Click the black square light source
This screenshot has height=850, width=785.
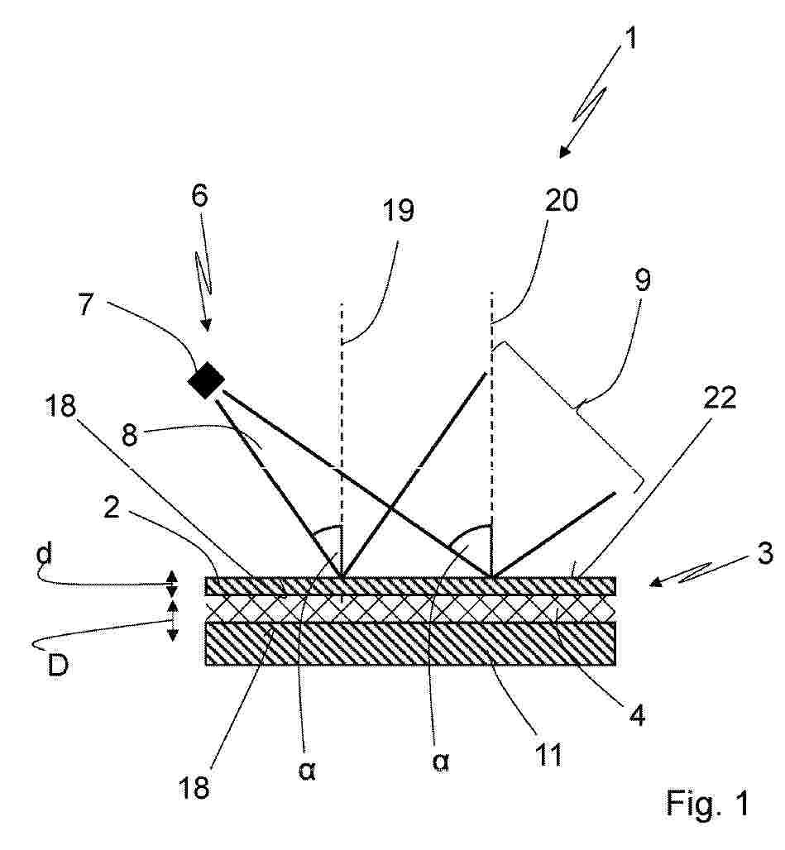205,380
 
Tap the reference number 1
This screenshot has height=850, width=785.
629,38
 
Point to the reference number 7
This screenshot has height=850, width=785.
87,304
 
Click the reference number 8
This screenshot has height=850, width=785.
130,435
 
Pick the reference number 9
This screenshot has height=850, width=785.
642,279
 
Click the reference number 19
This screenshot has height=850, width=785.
399,210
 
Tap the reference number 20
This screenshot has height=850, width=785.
562,201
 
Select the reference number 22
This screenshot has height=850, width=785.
720,399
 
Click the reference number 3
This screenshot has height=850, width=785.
765,554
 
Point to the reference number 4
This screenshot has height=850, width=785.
638,715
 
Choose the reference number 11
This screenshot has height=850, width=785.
548,754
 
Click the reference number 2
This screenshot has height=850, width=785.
111,508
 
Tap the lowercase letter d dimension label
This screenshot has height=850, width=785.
44,555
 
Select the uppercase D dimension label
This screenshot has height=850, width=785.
57,665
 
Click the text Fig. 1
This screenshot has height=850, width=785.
707,803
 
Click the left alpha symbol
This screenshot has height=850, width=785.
307,770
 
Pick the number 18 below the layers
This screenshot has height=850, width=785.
194,788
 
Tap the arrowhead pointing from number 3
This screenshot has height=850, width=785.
655,582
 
